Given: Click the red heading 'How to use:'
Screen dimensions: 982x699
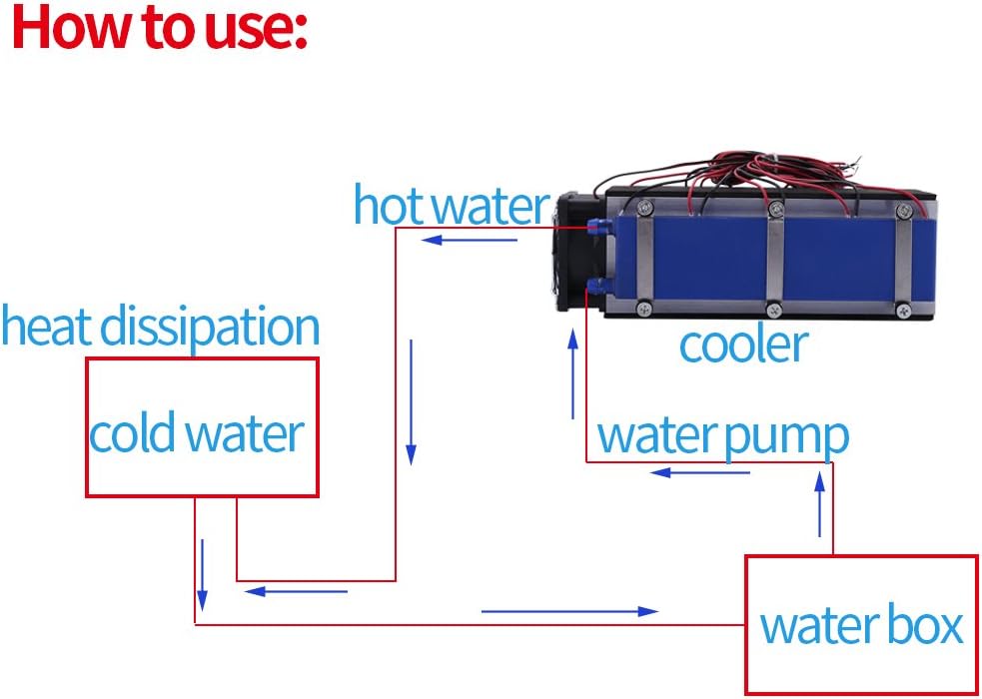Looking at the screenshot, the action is click(x=160, y=28).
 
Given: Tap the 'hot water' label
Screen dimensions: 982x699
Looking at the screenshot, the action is click(x=452, y=205).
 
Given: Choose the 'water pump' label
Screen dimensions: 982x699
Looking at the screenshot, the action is click(x=723, y=437).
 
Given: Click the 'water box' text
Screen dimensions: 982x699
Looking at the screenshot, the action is click(x=861, y=625).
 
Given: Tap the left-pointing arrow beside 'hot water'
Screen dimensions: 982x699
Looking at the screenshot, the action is click(x=470, y=240).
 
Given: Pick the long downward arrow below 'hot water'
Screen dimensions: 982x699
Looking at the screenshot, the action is click(x=411, y=402).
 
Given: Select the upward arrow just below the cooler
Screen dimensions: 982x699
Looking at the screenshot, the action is click(x=572, y=373).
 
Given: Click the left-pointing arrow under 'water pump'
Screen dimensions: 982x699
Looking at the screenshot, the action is click(x=700, y=473).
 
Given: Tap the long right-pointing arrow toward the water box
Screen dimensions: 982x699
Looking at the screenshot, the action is click(x=569, y=611).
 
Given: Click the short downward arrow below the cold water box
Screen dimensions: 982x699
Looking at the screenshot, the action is click(x=202, y=575).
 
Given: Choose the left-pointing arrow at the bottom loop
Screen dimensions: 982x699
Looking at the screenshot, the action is click(x=296, y=591).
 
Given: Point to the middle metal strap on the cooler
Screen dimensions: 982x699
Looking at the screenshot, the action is click(x=775, y=258).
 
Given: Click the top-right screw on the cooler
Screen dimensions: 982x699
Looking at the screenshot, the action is click(x=902, y=210).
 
